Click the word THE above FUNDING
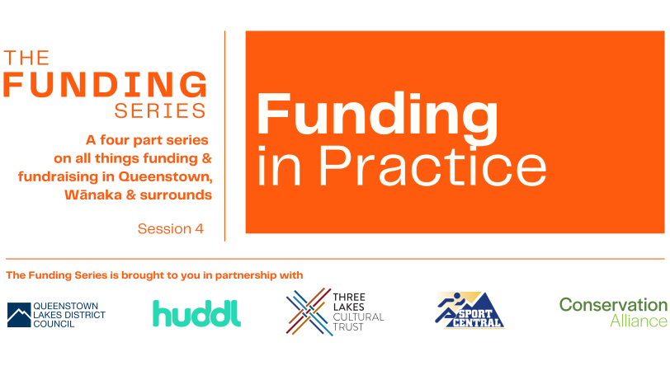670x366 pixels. (26, 58)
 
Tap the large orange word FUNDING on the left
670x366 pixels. (105, 84)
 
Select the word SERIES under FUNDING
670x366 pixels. (160, 111)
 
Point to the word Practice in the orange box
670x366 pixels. (433, 166)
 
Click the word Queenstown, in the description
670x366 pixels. (165, 176)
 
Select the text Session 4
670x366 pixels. (171, 229)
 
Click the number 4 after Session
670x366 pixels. (200, 229)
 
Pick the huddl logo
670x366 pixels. (197, 313)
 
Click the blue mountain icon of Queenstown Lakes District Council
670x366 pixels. (19, 315)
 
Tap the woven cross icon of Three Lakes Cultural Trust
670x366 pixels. (309, 312)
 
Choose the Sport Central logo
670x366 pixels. (469, 311)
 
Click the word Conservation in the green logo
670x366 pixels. (613, 305)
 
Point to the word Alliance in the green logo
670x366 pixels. (639, 321)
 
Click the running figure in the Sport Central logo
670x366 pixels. (449, 307)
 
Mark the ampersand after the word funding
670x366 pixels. (207, 158)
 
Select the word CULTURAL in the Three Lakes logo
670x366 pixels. (358, 317)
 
